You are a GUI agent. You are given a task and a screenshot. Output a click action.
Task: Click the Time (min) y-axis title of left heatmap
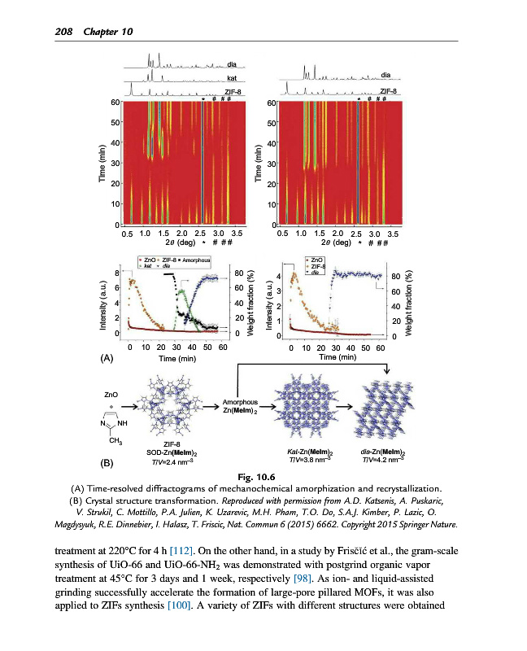tap(103, 164)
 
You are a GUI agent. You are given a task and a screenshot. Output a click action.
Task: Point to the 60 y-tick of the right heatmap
tap(272, 103)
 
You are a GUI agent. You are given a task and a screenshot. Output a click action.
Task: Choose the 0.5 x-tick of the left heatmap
tap(127, 234)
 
